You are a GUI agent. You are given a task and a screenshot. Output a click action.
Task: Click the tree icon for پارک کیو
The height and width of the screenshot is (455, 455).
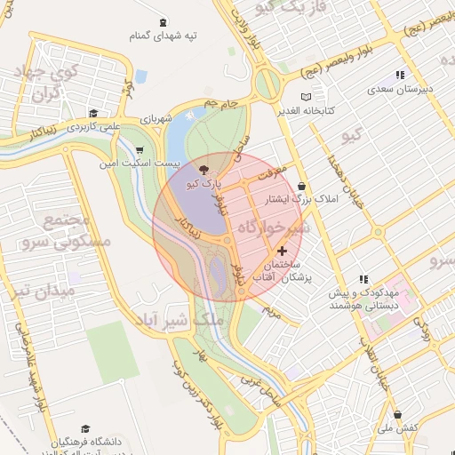(204, 169)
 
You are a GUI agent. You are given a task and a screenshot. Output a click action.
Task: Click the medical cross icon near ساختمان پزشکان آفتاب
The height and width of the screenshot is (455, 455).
(283, 252)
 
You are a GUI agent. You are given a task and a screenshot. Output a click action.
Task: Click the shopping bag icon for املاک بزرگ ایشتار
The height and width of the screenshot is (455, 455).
(302, 187)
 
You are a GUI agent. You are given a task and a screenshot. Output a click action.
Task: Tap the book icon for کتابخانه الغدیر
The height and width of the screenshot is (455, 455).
(307, 96)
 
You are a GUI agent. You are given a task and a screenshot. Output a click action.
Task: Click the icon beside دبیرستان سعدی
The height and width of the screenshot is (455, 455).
(400, 76)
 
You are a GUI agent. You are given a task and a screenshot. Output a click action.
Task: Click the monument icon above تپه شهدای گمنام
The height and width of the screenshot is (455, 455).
(163, 23)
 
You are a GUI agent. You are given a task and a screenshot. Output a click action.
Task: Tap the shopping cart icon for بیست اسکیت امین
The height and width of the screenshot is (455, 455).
(140, 150)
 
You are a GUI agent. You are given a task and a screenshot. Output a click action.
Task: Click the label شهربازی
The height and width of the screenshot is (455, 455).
(159, 119)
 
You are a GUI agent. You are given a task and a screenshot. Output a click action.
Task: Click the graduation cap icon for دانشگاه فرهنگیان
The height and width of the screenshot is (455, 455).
(85, 428)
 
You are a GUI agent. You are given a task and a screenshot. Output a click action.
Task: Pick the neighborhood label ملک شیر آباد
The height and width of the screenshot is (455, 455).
(170, 320)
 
